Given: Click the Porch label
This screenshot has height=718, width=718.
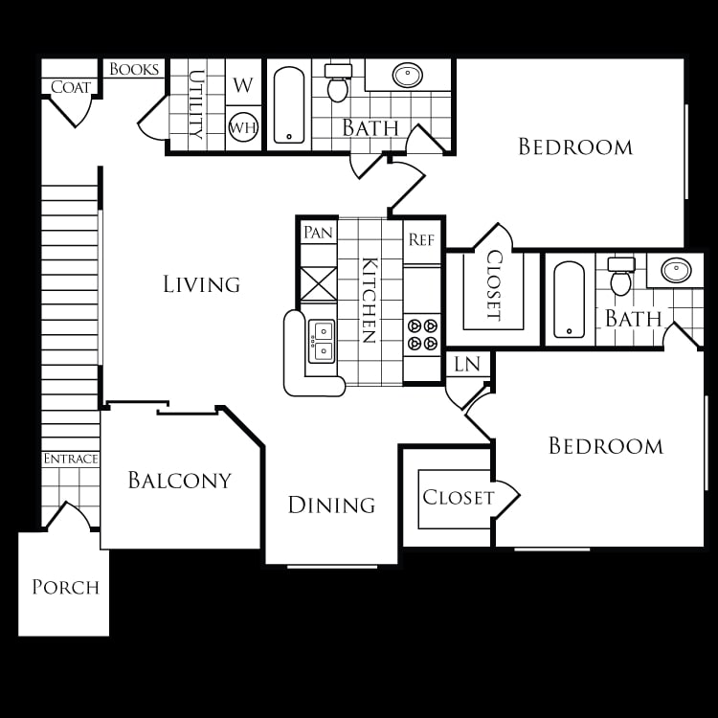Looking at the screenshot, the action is (65, 587).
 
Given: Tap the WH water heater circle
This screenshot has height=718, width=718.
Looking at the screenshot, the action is (243, 126).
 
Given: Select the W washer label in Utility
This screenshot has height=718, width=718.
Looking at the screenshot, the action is (243, 85).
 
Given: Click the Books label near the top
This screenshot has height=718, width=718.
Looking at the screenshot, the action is (134, 69).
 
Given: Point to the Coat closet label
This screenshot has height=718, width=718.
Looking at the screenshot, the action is (71, 87).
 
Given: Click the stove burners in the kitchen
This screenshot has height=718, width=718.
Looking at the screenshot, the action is (422, 334).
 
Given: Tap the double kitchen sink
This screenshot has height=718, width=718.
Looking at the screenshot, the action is (322, 341).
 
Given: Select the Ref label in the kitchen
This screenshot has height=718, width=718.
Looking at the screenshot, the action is (421, 239).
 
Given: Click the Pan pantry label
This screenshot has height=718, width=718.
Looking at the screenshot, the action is (318, 233).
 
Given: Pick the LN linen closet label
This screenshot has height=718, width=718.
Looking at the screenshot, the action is (467, 365).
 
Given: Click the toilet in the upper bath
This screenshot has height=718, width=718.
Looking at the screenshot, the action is (338, 82).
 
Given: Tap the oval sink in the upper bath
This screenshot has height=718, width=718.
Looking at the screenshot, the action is (408, 75).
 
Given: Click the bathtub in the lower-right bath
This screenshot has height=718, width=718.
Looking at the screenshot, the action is (570, 300).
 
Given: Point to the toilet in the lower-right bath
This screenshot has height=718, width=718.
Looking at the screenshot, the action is (621, 276).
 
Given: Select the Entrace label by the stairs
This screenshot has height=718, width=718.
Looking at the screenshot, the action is (71, 459).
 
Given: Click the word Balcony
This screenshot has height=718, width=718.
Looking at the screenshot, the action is (180, 481).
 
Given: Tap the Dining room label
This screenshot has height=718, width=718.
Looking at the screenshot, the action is (331, 505).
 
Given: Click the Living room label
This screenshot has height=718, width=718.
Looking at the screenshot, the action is (201, 284).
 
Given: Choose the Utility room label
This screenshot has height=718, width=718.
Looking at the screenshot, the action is (196, 104).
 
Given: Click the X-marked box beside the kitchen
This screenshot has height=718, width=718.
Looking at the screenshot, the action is (319, 284).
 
